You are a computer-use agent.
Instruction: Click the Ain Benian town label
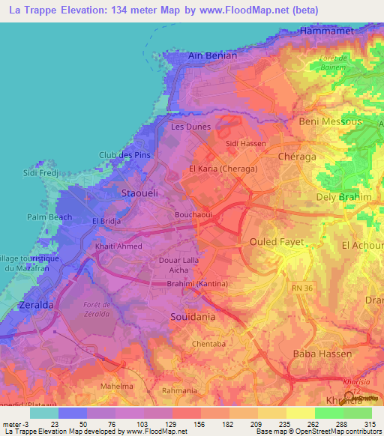(x=213, y=55)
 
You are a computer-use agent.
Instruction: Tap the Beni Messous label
(x=330, y=121)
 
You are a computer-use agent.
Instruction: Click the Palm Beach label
(x=49, y=217)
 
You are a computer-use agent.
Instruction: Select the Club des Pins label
(x=124, y=155)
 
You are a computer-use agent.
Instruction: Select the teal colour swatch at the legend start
(x=44, y=413)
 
